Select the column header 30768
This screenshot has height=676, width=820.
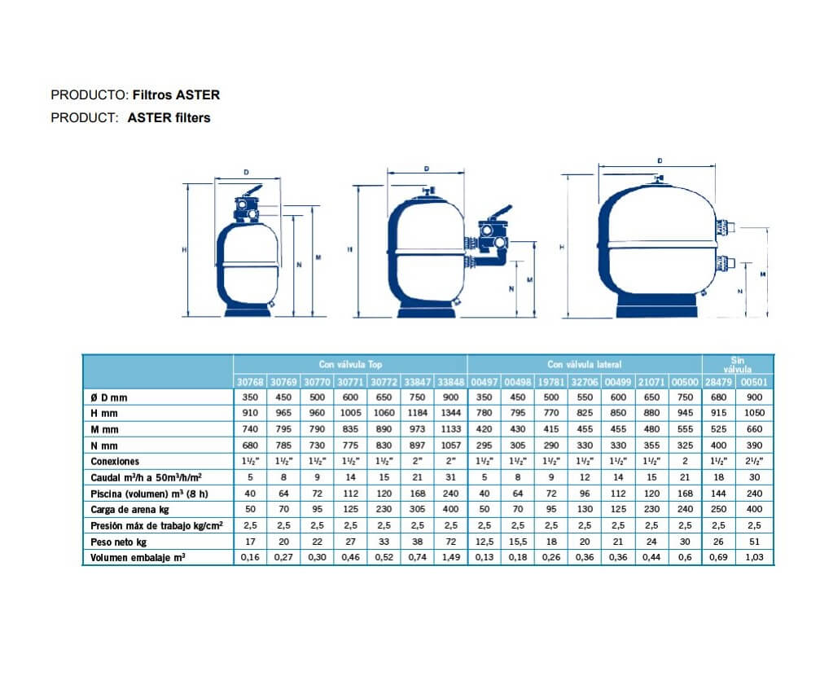pos(250,381)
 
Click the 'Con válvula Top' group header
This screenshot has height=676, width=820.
pos(350,365)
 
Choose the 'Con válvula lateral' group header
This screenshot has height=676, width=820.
pos(584,365)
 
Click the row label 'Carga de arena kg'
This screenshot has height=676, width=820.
pos(129,509)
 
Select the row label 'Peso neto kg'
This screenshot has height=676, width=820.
pos(119,541)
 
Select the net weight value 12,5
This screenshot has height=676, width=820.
pos(485,541)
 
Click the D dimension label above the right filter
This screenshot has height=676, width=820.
pos(659,161)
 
